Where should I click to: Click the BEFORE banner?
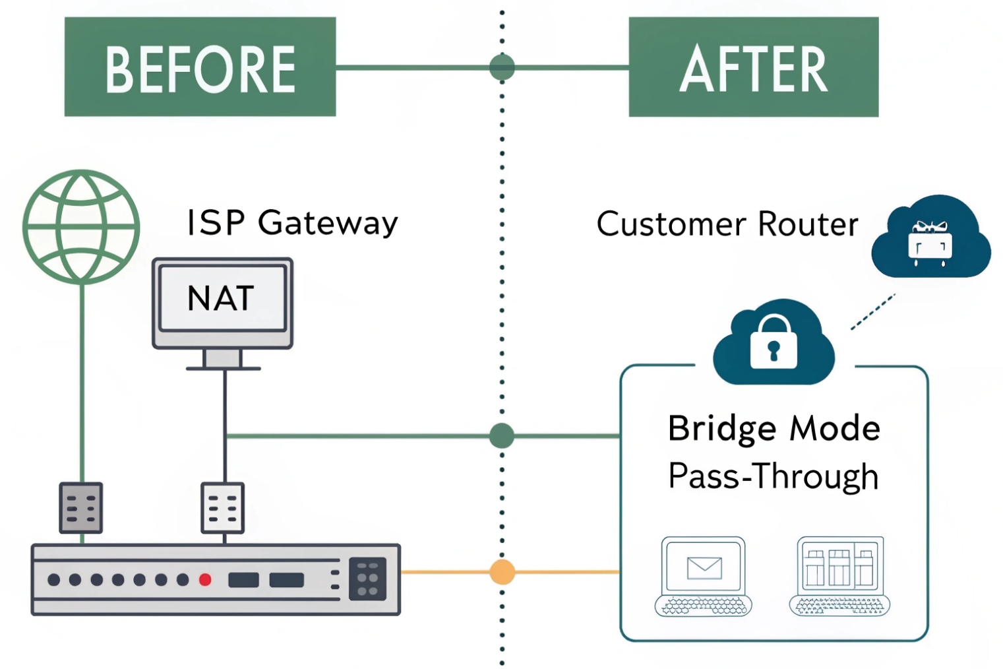(x=200, y=67)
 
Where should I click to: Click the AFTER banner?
(x=753, y=67)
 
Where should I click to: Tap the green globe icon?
(x=81, y=226)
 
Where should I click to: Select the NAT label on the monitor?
(x=221, y=298)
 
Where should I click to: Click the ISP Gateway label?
(x=292, y=222)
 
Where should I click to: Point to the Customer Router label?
(x=727, y=224)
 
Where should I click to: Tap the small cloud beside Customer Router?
(x=930, y=238)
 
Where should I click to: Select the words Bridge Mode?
(x=774, y=428)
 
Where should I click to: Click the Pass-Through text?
(x=774, y=476)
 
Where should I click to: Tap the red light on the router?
(x=205, y=580)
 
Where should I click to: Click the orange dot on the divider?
(x=502, y=572)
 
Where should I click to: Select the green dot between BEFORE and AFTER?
(x=502, y=67)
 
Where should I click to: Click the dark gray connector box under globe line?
(x=81, y=507)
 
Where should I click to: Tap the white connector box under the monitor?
(x=222, y=507)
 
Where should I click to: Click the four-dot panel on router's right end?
(x=367, y=579)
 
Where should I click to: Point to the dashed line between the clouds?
(x=872, y=312)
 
